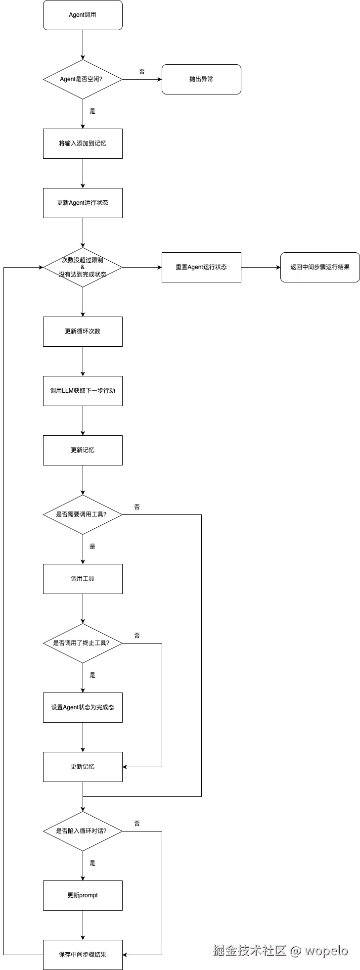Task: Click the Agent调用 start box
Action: [x=83, y=15]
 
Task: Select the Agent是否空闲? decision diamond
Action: [x=83, y=79]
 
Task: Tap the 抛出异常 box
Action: [x=201, y=79]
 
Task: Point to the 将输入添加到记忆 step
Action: [x=83, y=143]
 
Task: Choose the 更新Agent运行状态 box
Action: [x=83, y=203]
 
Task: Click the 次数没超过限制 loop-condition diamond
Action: [x=83, y=267]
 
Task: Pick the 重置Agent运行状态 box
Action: [x=201, y=267]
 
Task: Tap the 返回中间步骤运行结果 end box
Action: [x=320, y=267]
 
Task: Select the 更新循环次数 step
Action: [x=83, y=331]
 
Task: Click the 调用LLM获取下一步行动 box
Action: [x=83, y=391]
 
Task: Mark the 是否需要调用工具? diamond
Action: [x=83, y=514]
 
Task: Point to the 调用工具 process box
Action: [x=83, y=579]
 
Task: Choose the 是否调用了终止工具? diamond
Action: [x=83, y=643]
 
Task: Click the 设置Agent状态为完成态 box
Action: [x=83, y=707]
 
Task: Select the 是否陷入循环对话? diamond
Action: [x=83, y=831]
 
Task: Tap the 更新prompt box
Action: [x=83, y=895]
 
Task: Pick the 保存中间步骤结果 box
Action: [x=83, y=955]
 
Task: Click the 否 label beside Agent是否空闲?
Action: [x=142, y=72]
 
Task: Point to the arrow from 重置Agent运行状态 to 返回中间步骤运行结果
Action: [x=261, y=267]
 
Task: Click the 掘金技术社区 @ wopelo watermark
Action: [x=280, y=951]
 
